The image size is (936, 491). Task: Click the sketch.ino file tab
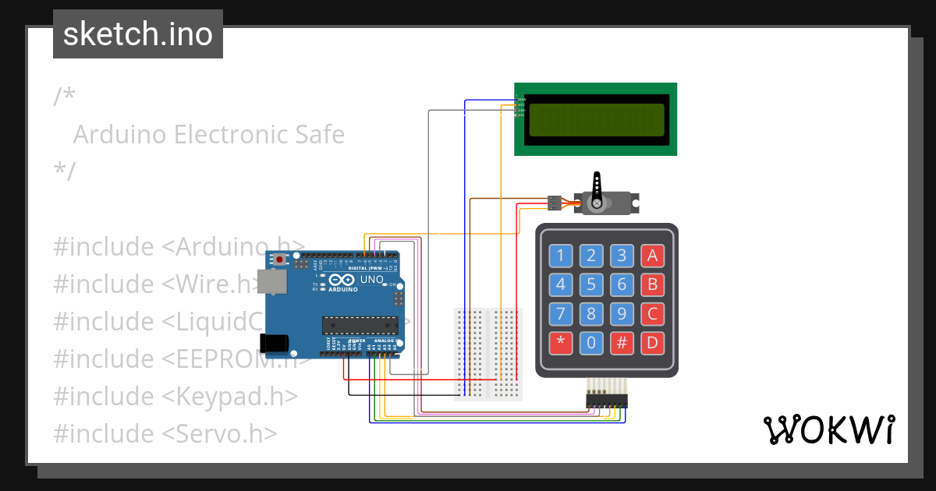138,34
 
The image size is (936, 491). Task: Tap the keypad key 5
591,285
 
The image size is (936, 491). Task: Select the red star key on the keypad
561,343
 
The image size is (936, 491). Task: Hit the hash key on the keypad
622,343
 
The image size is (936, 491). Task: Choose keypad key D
652,343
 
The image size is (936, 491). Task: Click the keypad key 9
622,314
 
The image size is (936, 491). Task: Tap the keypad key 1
561,256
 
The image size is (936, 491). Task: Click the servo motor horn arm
597,187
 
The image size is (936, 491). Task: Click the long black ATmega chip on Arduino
360,322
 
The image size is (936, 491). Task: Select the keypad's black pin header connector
607,400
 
